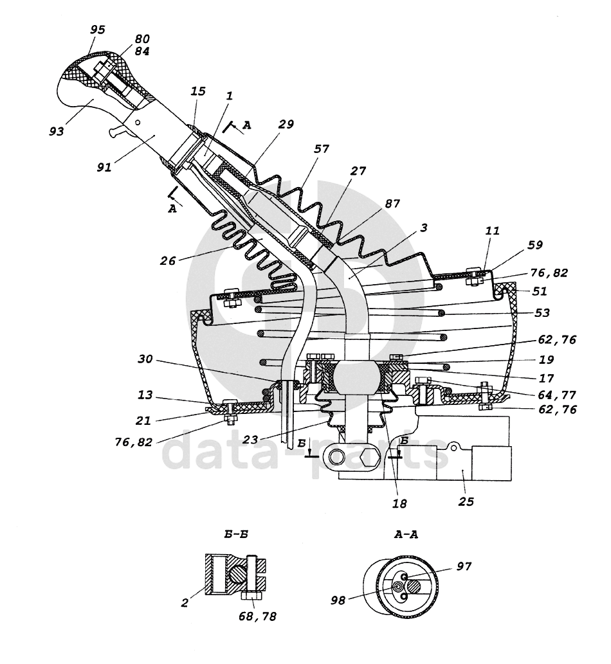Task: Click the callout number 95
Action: [x=98, y=30]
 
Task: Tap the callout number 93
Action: [x=57, y=131]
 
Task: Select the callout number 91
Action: [x=104, y=167]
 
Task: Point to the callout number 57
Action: [x=322, y=148]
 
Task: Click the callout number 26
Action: [x=167, y=260]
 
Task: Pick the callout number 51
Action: [x=540, y=291]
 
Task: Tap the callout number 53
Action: [x=542, y=313]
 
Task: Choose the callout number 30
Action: [x=145, y=359]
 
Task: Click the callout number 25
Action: [x=466, y=502]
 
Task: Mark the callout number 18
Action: [x=399, y=503]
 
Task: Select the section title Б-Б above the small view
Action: [x=236, y=534]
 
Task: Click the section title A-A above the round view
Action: [x=406, y=534]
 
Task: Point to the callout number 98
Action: [x=338, y=600]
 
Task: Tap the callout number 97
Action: [x=464, y=566]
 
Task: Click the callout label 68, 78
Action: [x=257, y=616]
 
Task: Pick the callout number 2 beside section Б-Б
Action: [x=185, y=603]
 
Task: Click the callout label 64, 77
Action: [x=557, y=395]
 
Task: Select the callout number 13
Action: [x=145, y=395]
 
